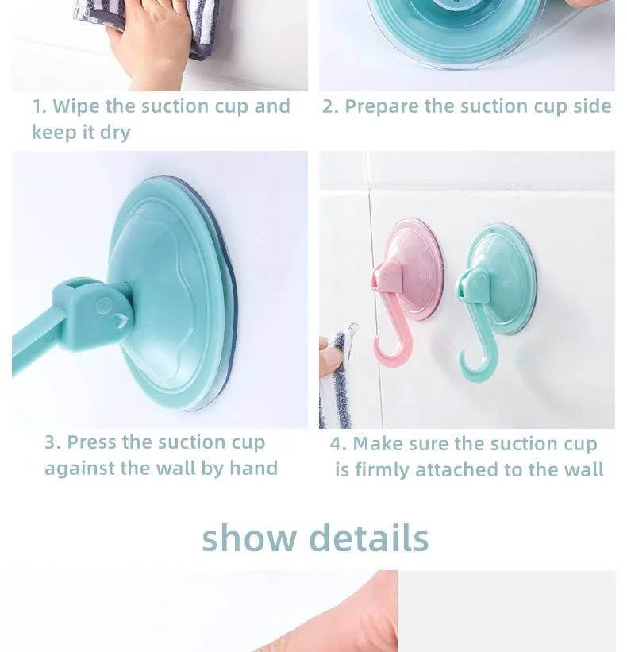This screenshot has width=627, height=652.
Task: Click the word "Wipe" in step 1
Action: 76,106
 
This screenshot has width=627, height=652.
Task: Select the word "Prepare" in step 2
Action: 382,107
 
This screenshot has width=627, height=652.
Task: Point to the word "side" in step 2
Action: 593,106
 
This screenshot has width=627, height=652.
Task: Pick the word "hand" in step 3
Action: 253,468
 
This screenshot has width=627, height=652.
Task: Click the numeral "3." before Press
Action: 52,442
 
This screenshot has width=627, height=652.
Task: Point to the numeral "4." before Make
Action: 339,444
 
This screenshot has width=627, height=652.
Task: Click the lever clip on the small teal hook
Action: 474,285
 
